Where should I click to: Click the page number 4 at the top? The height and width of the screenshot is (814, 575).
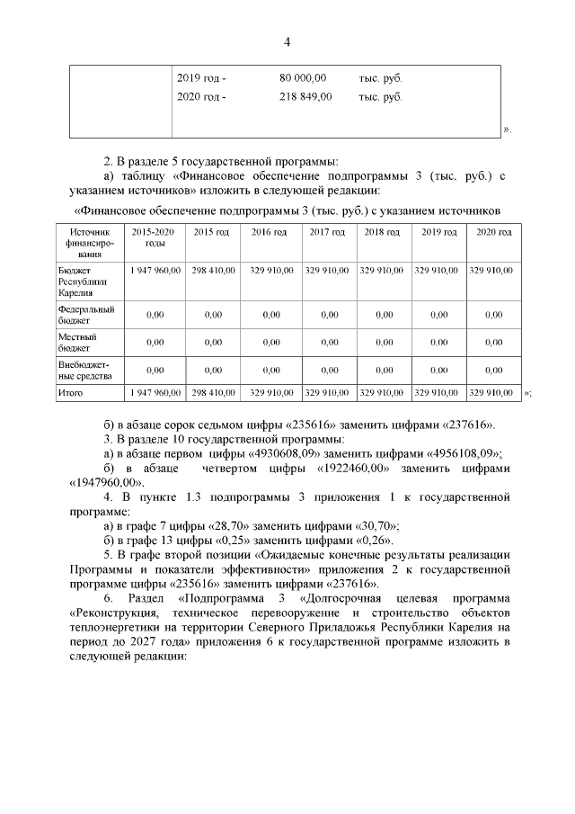click(x=287, y=42)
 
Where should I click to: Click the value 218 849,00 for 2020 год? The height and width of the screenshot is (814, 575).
click(x=305, y=96)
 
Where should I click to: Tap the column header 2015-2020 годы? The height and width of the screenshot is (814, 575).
click(x=155, y=237)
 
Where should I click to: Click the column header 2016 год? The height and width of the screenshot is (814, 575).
click(x=269, y=232)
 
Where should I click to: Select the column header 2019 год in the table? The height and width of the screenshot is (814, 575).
click(x=436, y=232)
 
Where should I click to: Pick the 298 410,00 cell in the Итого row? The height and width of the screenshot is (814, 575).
click(x=213, y=392)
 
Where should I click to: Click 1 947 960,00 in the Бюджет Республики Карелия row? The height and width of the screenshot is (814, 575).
click(x=155, y=269)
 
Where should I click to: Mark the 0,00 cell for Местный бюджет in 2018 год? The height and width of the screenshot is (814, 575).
click(x=381, y=342)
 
